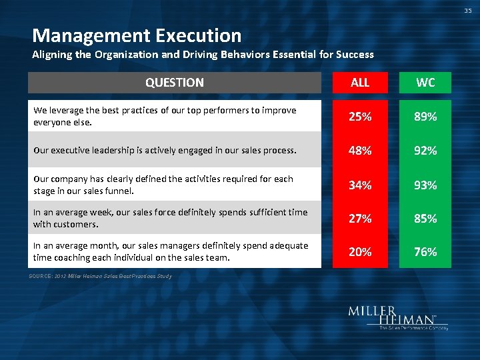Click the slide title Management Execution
click(x=137, y=35)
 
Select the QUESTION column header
click(x=175, y=83)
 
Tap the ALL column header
click(x=360, y=83)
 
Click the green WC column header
click(x=425, y=83)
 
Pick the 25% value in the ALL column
click(x=360, y=117)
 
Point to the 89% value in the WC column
click(x=425, y=117)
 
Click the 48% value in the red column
click(x=360, y=151)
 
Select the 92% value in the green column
click(x=425, y=151)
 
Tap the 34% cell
click(x=360, y=185)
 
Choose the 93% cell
click(x=425, y=185)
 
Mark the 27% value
click(x=360, y=218)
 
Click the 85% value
click(x=425, y=218)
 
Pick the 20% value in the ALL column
click(x=360, y=251)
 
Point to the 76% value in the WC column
click(x=425, y=251)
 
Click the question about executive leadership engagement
click(x=165, y=151)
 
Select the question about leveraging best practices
click(x=165, y=116)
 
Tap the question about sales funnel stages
click(x=163, y=185)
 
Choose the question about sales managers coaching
click(x=171, y=251)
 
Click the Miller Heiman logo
click(x=397, y=318)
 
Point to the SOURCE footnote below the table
click(x=101, y=276)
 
